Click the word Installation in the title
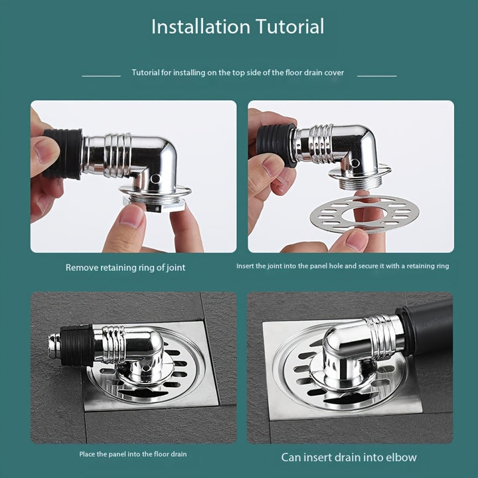point(200,27)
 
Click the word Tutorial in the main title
point(290,27)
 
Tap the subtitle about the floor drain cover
point(238,72)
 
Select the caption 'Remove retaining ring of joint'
point(125,268)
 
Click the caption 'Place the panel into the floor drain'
point(133,454)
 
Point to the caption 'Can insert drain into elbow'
point(349,457)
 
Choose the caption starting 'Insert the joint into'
point(343,266)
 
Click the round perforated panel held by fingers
point(364,214)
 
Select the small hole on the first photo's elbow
point(155,179)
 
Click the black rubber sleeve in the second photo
point(276,145)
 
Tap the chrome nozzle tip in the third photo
point(54,346)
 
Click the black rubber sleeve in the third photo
point(78,345)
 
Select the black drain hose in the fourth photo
point(427,328)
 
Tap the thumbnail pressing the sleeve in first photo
point(43,150)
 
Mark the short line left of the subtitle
point(101,76)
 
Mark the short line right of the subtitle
point(377,76)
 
